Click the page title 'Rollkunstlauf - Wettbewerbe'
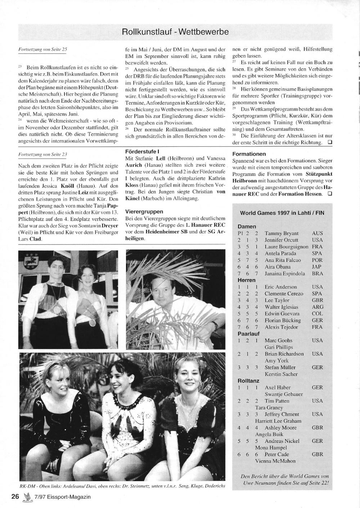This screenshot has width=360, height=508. tap(175, 32)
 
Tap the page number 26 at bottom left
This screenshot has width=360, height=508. tap(15, 497)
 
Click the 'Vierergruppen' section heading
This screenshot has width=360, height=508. tap(144, 212)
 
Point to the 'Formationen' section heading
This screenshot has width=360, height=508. tap(249, 154)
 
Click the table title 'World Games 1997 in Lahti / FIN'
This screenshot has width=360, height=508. tap(282, 213)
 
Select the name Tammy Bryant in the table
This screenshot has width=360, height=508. tap(282, 233)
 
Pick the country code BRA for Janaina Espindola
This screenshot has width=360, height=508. tap(317, 273)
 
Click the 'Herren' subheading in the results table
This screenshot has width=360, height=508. tap(247, 280)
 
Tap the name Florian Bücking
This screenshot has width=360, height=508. tap(283, 320)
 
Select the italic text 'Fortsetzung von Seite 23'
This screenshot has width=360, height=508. tap(42, 154)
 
